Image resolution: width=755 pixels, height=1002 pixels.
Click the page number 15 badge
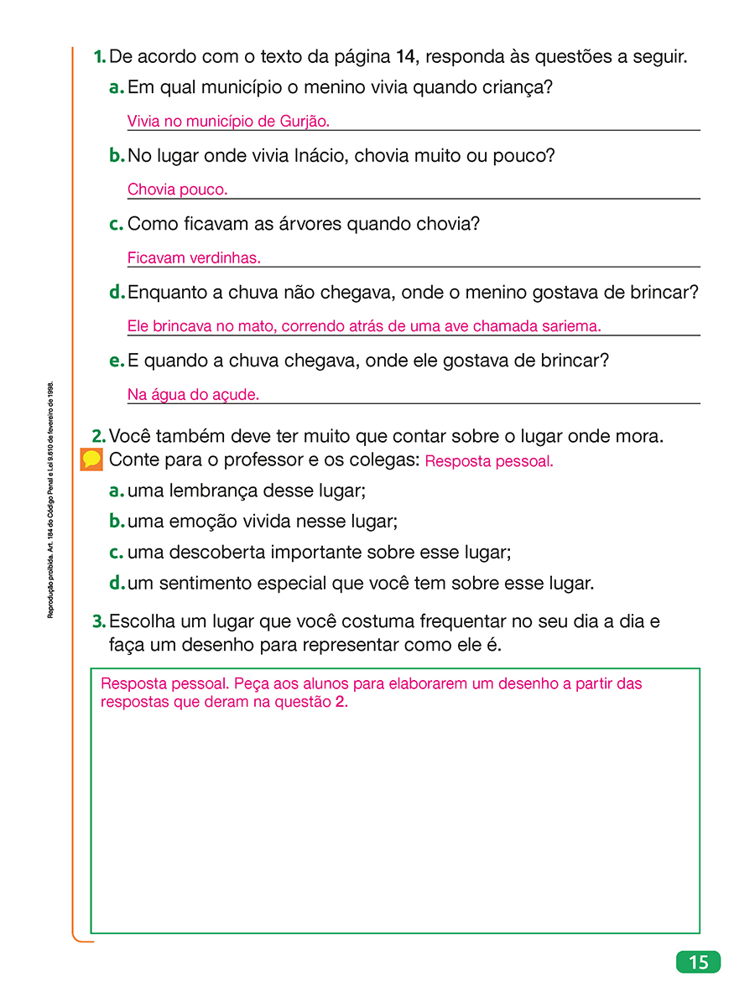click(x=698, y=962)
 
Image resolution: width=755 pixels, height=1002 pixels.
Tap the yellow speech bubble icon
click(x=92, y=460)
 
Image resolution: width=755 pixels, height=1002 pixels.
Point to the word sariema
click(x=573, y=326)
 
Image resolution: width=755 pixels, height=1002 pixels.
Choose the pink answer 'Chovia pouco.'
click(x=177, y=189)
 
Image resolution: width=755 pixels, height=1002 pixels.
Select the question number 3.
click(x=99, y=621)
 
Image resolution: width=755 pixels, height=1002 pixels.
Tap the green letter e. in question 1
click(x=117, y=361)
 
